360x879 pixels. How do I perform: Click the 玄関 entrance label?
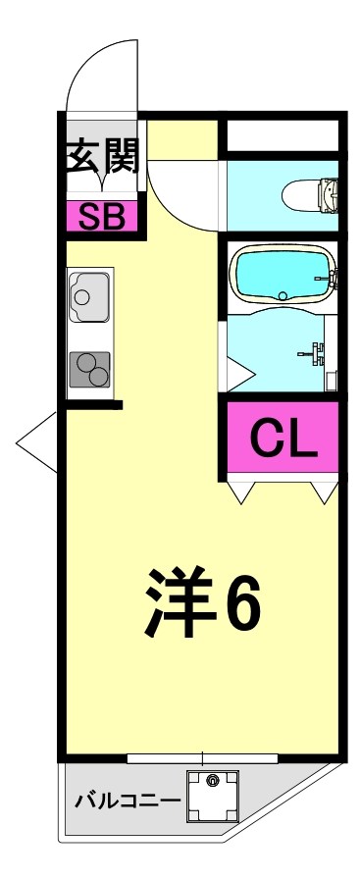coord(103,156)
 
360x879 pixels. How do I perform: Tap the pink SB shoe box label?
coord(101,216)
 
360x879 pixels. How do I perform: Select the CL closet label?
coord(283,438)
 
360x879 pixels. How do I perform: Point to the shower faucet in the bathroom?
coord(315,350)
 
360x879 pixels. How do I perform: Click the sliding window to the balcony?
coord(202,757)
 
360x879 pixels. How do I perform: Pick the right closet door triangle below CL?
coord(325,491)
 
